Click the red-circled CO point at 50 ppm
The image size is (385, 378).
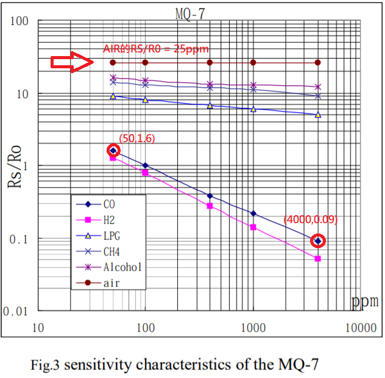(113, 151)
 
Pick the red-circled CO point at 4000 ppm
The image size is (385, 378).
(318, 241)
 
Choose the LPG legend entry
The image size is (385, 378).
(107, 235)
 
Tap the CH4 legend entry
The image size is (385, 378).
(107, 251)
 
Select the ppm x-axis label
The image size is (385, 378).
(364, 301)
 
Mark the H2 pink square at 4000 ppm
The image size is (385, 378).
(318, 259)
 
